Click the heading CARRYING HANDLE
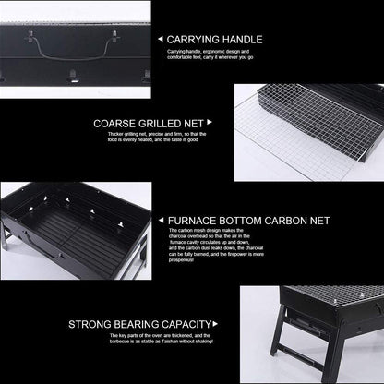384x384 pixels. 215,40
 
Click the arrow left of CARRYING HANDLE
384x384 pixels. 159,40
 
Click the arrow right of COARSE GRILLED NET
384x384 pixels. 210,122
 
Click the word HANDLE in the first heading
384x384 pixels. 244,40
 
